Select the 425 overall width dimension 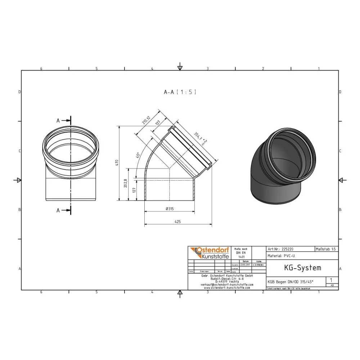tap(177, 222)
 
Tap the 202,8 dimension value tap(125, 184)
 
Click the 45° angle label tap(137, 156)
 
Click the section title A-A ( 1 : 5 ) tap(180, 92)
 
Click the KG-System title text tap(302, 268)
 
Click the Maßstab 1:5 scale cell tap(326, 249)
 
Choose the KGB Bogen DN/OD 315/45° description tap(290, 282)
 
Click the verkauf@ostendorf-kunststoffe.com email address tap(226, 284)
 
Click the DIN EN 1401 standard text tap(240, 253)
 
